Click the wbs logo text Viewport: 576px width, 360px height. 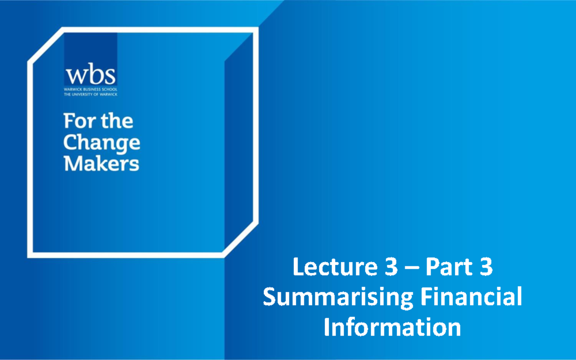(x=91, y=75)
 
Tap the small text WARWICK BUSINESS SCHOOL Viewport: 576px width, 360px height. (x=91, y=89)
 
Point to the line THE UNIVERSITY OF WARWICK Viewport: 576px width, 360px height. (x=91, y=94)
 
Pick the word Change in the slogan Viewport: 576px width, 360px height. (x=102, y=142)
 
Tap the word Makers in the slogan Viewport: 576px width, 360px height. (x=101, y=164)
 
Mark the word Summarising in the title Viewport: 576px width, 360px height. (x=338, y=298)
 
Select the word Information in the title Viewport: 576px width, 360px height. (x=393, y=327)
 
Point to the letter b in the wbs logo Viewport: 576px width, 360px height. (x=95, y=74)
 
